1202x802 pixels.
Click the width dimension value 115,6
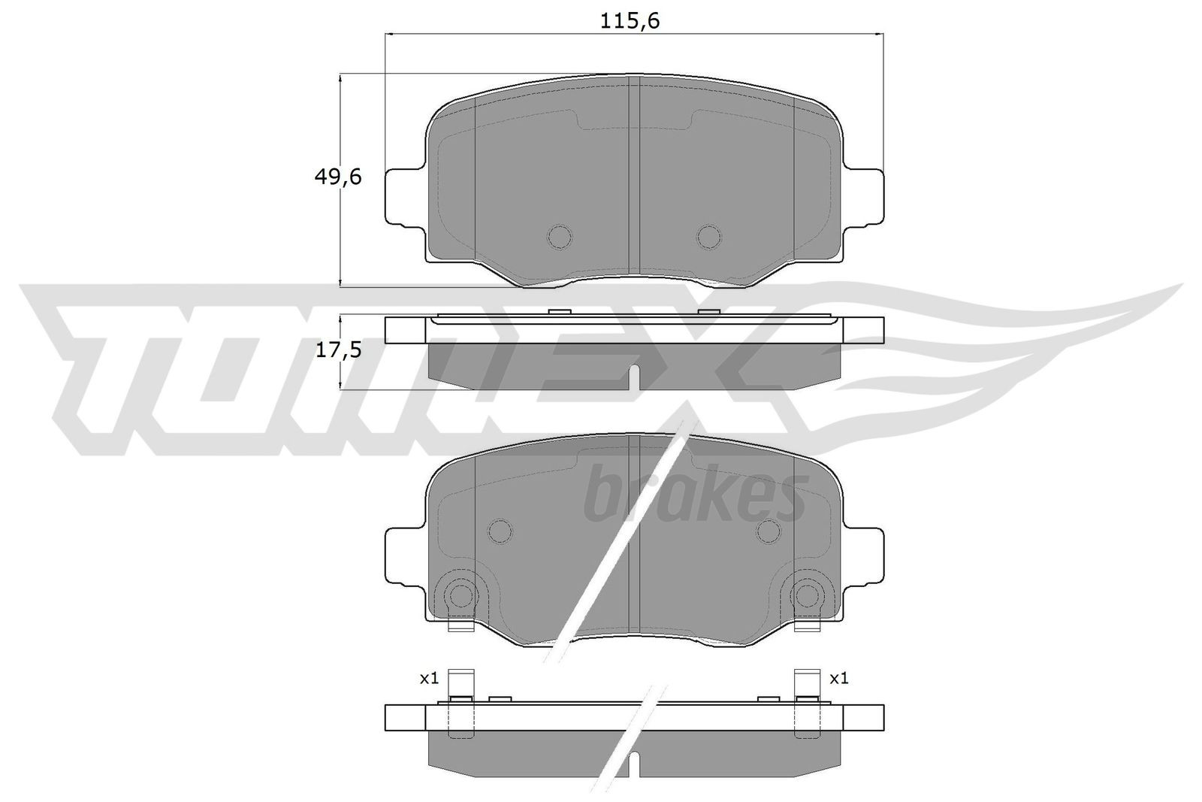pyautogui.click(x=630, y=21)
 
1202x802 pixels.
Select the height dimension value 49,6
pyautogui.click(x=337, y=177)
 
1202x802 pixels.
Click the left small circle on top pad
pyautogui.click(x=560, y=237)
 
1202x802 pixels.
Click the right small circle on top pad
pyautogui.click(x=708, y=237)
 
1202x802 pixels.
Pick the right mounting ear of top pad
pyautogui.click(x=864, y=197)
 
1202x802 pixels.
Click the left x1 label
pyautogui.click(x=428, y=679)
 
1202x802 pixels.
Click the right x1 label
pyautogui.click(x=838, y=679)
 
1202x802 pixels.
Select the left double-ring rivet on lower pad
pyautogui.click(x=460, y=595)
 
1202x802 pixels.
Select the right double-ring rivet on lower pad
pyautogui.click(x=807, y=595)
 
